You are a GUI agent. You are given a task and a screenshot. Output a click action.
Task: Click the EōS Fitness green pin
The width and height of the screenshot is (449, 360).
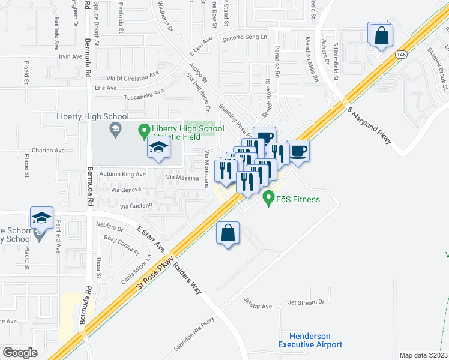(268, 197)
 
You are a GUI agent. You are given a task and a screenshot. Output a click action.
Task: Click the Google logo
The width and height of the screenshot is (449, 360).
(20, 353)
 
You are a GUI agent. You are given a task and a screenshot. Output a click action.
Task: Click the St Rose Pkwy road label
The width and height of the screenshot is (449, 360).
(155, 274)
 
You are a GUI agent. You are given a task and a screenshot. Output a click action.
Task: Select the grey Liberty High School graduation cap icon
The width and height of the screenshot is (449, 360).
(114, 128)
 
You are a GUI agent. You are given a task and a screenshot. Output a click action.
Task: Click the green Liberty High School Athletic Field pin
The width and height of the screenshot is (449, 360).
(143, 129)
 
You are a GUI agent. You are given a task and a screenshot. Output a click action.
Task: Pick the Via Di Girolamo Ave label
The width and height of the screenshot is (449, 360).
(132, 78)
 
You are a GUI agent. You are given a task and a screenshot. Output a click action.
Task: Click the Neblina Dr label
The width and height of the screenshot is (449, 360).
(109, 229)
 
